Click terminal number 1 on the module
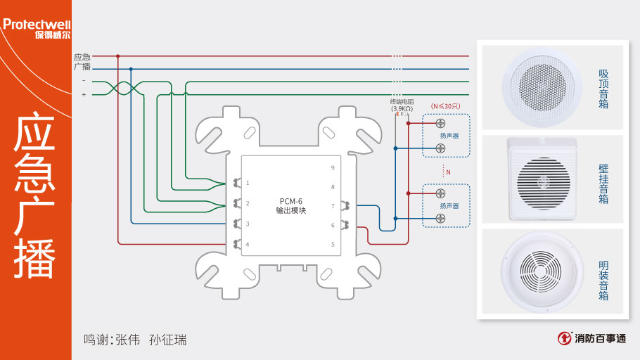248,184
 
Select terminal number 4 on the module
248,244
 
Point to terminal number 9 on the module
333,167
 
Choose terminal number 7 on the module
333,206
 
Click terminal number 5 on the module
333,244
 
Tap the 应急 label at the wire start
82,56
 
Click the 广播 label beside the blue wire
82,67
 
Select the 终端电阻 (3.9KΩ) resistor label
401,105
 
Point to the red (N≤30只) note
445,106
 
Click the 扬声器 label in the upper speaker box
449,135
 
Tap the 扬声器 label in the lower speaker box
449,205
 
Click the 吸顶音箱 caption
603,89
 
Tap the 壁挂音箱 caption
603,184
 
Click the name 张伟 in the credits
127,340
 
